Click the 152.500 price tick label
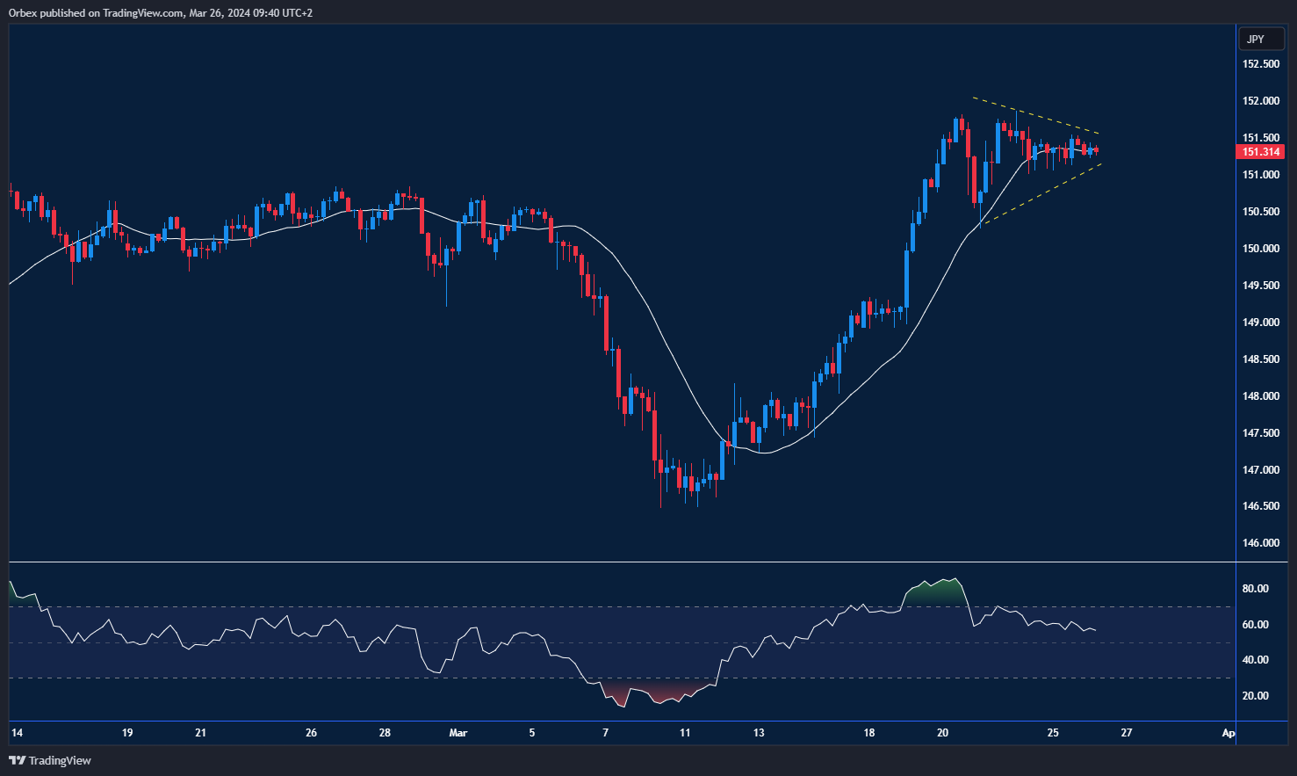1260,64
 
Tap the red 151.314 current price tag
1260,152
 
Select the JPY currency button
1256,39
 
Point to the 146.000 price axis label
1260,543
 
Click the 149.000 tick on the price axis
1260,323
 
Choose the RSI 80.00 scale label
1255,589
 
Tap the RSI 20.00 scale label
1255,696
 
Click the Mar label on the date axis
458,733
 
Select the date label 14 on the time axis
17,733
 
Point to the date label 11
685,733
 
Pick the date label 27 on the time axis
1127,733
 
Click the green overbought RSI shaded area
936,592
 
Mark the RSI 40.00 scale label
1255,660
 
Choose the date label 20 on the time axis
943,733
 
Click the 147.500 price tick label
1260,433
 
